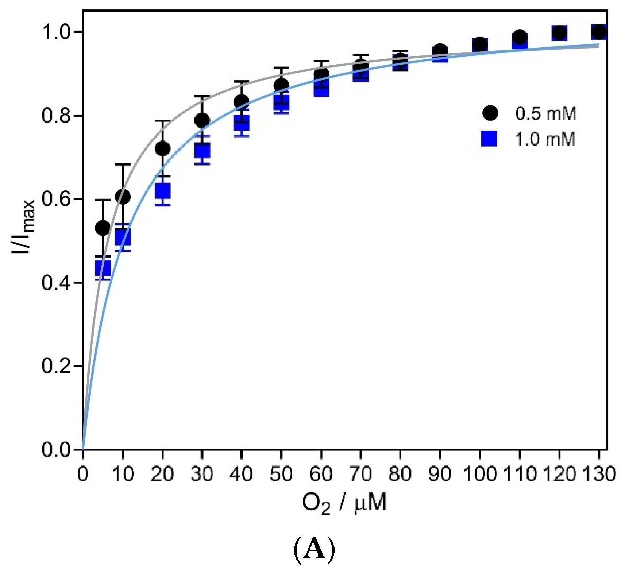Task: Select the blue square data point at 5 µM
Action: click(x=103, y=268)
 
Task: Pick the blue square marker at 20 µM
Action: click(x=162, y=190)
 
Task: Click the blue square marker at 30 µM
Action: click(x=202, y=150)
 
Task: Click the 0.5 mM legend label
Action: click(x=545, y=113)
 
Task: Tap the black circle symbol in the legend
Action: click(x=490, y=113)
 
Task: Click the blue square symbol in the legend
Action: click(x=489, y=139)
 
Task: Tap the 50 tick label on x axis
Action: click(x=281, y=474)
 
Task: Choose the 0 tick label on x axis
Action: click(x=84, y=474)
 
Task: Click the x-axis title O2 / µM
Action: click(x=344, y=504)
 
